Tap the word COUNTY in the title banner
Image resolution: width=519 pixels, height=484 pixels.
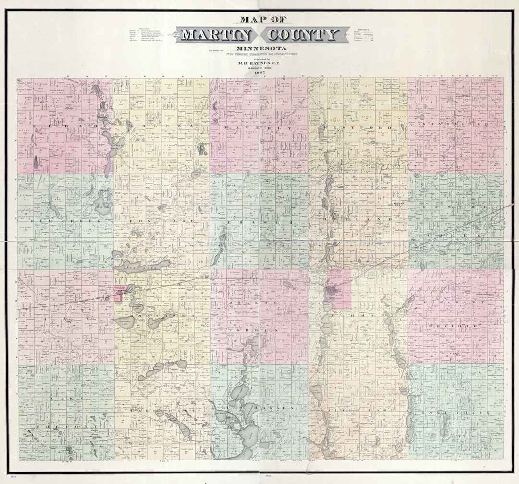point(302,35)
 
